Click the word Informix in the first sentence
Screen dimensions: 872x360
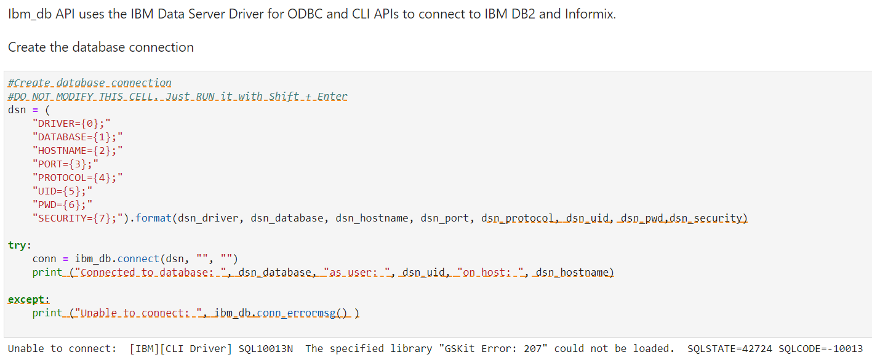click(x=590, y=14)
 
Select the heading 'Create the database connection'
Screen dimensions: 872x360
click(x=101, y=47)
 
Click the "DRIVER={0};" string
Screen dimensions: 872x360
click(x=71, y=123)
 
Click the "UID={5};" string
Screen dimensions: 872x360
click(x=62, y=191)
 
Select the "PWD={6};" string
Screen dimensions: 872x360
click(x=62, y=204)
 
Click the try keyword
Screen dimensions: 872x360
click(x=17, y=245)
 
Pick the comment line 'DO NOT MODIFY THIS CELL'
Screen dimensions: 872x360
click(x=177, y=97)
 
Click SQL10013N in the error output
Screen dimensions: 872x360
click(x=265, y=349)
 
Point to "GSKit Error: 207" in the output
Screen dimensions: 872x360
click(x=494, y=349)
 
